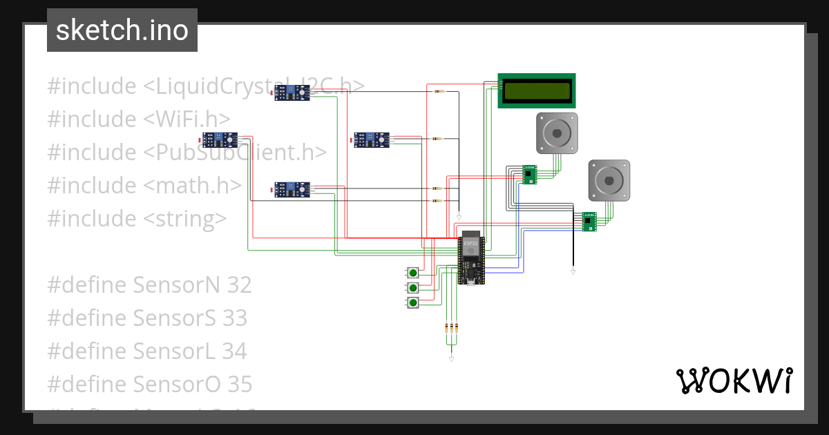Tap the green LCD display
[x=537, y=90]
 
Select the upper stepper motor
[x=557, y=133]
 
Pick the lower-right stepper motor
[x=609, y=180]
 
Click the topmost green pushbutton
[x=413, y=271]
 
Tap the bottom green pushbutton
[x=413, y=303]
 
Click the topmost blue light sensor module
[x=292, y=92]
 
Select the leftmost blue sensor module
[x=220, y=139]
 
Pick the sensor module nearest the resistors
[x=372, y=139]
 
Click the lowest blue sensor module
[x=292, y=189]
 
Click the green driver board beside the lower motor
[x=589, y=221]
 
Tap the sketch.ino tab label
[x=122, y=30]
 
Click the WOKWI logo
[x=734, y=380]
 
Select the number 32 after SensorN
[x=238, y=284]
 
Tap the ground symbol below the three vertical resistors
[x=451, y=359]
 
